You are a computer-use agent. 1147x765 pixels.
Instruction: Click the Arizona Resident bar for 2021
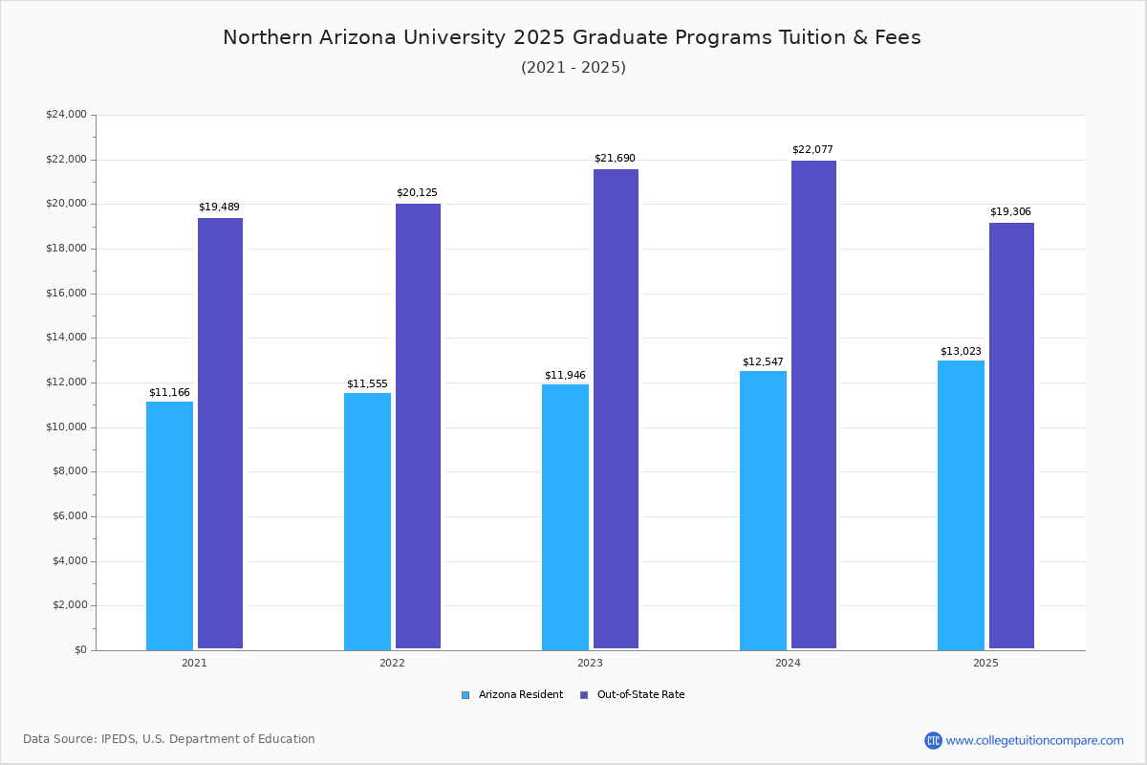(x=169, y=525)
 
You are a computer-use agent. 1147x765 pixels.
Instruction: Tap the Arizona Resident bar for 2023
(x=565, y=516)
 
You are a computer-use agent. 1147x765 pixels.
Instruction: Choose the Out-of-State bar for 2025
(x=1011, y=435)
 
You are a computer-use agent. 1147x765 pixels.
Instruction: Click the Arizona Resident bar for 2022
(x=367, y=521)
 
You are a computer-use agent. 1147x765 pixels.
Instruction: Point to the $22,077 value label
(x=812, y=149)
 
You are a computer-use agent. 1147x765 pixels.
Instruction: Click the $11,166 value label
(x=169, y=392)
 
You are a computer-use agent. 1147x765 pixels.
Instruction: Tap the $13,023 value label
(x=961, y=351)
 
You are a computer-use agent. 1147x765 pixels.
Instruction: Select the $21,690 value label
(x=615, y=158)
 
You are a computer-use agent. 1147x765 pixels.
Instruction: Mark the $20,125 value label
(x=417, y=192)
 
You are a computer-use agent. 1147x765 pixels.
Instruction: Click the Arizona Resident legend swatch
(x=465, y=695)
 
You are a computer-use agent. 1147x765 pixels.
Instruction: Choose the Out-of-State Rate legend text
(x=640, y=695)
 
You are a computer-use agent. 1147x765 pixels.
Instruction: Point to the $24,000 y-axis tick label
(x=66, y=115)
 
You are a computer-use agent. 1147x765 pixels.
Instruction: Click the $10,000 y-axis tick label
(x=66, y=427)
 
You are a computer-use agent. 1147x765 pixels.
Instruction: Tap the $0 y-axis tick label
(x=79, y=650)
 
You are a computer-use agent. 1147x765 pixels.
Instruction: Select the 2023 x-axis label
(x=590, y=663)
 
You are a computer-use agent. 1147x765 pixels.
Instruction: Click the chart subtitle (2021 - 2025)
(x=573, y=67)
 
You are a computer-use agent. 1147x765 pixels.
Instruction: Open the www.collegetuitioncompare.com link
(x=1034, y=740)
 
